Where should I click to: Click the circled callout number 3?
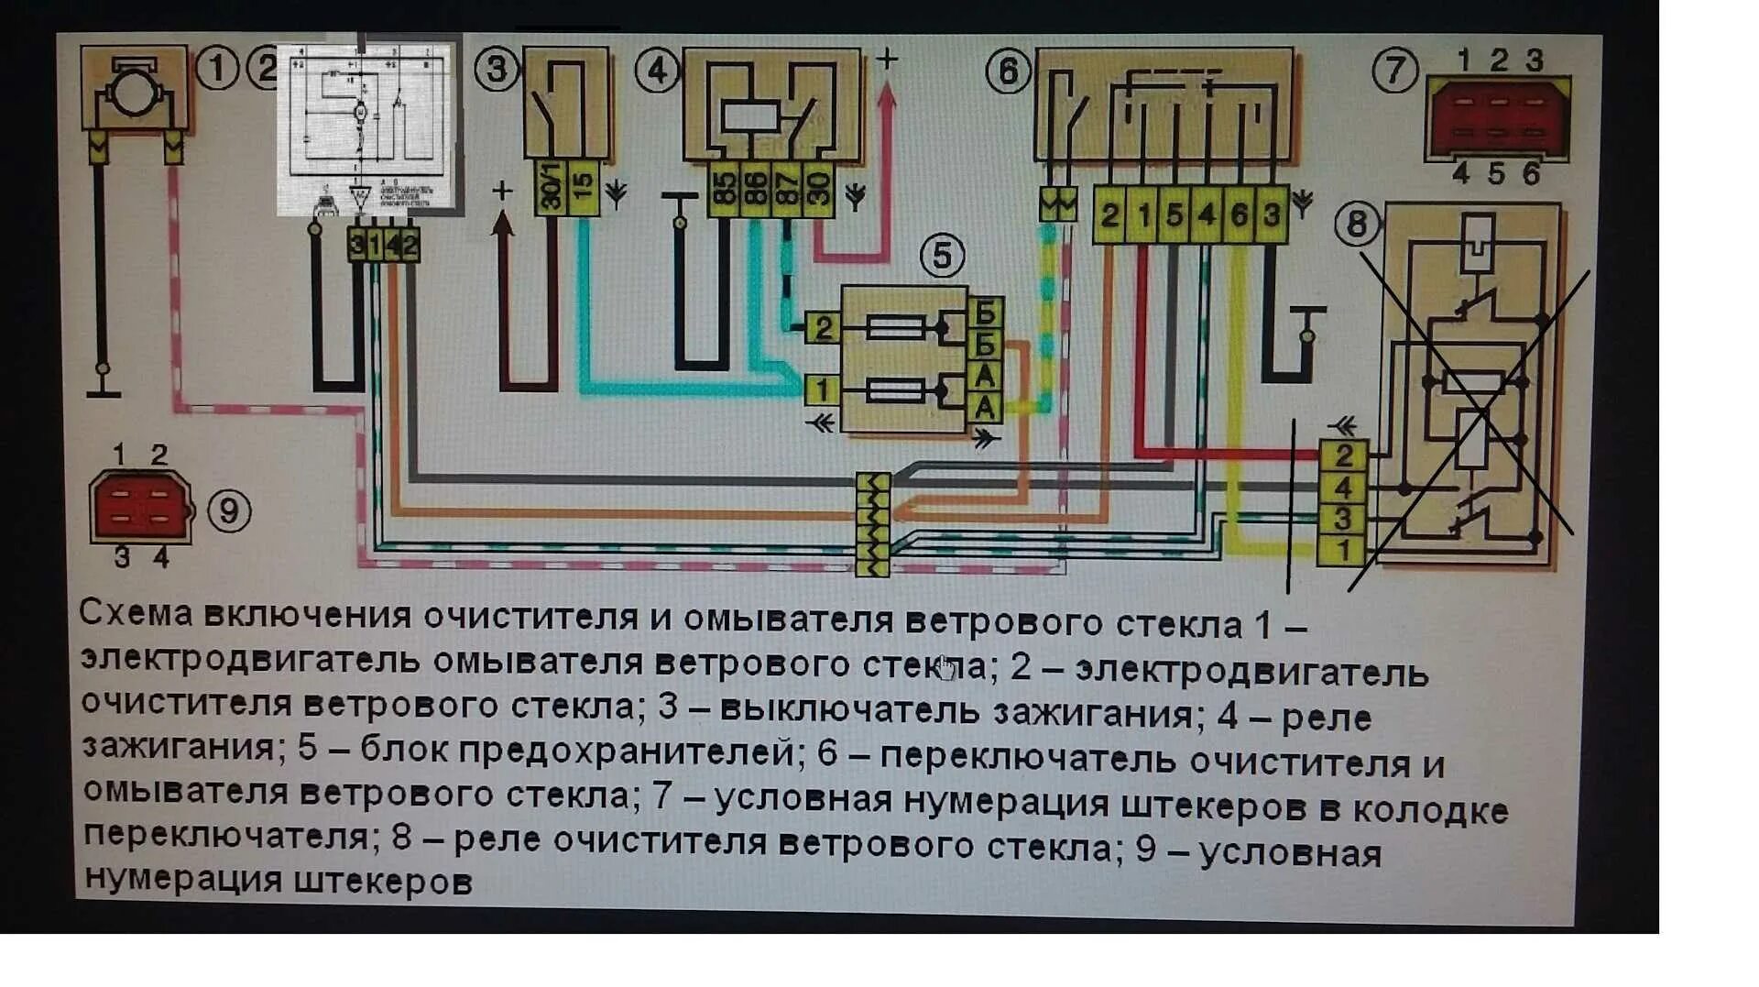point(497,69)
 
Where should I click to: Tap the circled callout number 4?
point(657,70)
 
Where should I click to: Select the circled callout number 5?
point(942,256)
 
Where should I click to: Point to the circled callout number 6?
point(1008,70)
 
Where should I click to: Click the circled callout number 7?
point(1395,70)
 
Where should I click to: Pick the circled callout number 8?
point(1357,224)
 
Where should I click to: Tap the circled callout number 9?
point(229,510)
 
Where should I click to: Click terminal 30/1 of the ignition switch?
point(551,188)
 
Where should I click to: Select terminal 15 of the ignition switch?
point(584,188)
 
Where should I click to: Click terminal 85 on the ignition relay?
point(724,189)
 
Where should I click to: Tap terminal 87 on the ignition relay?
point(786,189)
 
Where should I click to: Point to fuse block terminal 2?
point(823,327)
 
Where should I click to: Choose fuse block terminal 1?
point(823,389)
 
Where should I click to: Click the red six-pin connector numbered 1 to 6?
point(1497,117)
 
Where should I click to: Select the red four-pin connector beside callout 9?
point(140,506)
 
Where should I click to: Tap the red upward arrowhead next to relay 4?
point(886,96)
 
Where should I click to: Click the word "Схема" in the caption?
point(136,612)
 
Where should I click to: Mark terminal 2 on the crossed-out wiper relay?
point(1343,455)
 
